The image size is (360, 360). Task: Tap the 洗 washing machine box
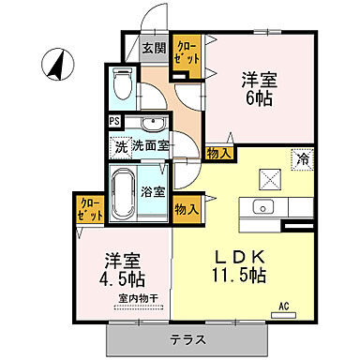coord(119,146)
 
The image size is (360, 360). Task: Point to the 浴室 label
coord(153,191)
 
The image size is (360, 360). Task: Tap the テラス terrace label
coord(190,338)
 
